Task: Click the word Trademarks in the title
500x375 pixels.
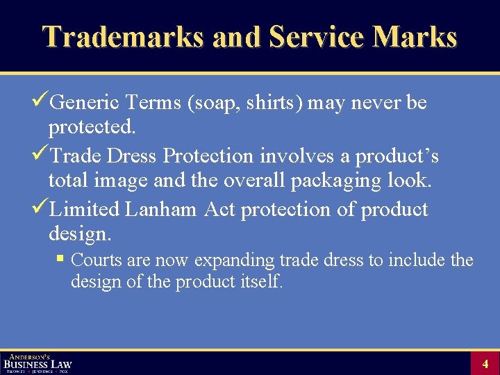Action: (x=123, y=37)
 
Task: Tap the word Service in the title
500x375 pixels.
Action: (x=315, y=37)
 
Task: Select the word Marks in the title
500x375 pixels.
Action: (x=415, y=37)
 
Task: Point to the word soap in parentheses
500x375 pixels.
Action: (x=206, y=103)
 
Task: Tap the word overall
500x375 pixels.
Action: (x=254, y=181)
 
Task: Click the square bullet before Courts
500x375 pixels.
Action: (x=61, y=260)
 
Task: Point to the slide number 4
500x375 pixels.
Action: (x=485, y=363)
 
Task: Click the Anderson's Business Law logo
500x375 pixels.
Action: (x=37, y=362)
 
